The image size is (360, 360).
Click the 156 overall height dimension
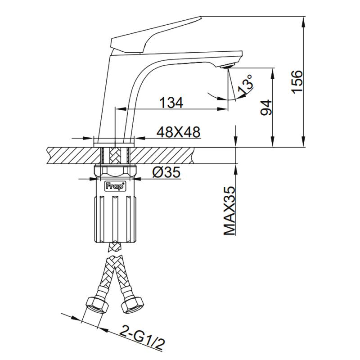[297, 82]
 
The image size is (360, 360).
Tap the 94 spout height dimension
[266, 108]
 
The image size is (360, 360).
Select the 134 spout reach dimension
[171, 103]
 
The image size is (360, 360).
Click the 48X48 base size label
[178, 132]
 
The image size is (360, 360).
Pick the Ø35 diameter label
[166, 172]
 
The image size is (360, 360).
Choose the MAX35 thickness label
[229, 211]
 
